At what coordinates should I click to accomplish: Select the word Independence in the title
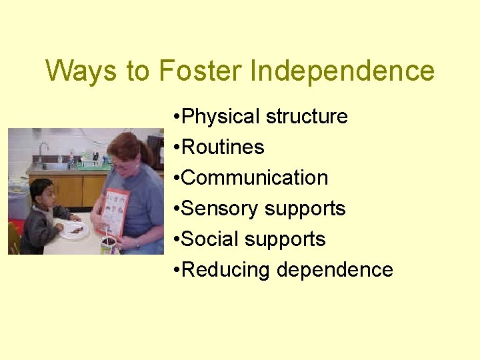pyautogui.click(x=343, y=71)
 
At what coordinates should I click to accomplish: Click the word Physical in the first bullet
pyautogui.click(x=221, y=117)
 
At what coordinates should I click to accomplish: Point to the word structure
pyautogui.click(x=307, y=117)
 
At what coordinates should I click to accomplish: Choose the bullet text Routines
pyautogui.click(x=223, y=147)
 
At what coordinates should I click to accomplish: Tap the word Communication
pyautogui.click(x=255, y=178)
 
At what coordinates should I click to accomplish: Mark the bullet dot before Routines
pyautogui.click(x=175, y=148)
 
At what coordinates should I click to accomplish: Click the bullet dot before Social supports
pyautogui.click(x=175, y=240)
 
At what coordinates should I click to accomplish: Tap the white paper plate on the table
pyautogui.click(x=75, y=231)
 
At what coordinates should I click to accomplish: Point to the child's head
pyautogui.click(x=41, y=191)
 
